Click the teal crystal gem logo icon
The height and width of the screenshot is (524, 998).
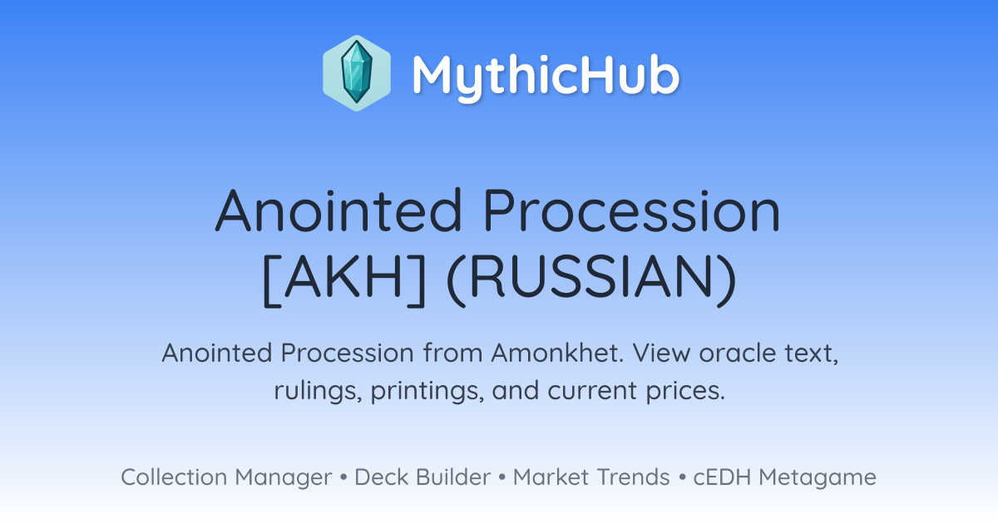coord(357,73)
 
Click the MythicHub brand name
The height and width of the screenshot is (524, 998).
coord(546,76)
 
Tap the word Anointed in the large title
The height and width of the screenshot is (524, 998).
coord(338,210)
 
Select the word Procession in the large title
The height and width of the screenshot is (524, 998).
coord(632,210)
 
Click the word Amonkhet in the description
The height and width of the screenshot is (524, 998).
coord(557,353)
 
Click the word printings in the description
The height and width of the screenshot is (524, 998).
coord(427,391)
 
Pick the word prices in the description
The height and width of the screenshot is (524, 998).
coord(685,391)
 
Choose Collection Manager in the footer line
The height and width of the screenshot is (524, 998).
coord(226,477)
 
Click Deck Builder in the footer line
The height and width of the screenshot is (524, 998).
coord(422,477)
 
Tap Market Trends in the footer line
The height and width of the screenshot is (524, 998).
coord(591,477)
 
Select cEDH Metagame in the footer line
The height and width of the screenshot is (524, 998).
coord(784,477)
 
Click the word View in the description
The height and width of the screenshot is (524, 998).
coord(661,353)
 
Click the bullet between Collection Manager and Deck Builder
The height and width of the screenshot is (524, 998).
coord(343,477)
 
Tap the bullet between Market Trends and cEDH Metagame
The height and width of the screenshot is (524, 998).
coord(682,477)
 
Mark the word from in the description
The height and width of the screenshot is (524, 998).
coord(452,353)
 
